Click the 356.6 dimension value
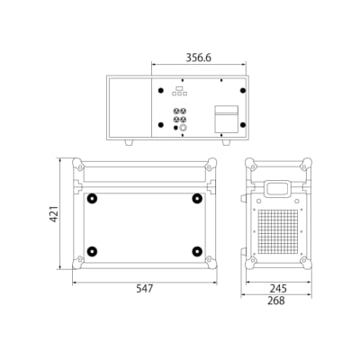198,58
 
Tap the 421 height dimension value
54,214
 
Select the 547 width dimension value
145,289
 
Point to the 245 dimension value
278,289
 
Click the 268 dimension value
276,301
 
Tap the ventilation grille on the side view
278,230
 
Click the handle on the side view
278,189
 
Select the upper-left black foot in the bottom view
92,198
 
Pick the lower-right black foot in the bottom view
197,251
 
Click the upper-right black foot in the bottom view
197,198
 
